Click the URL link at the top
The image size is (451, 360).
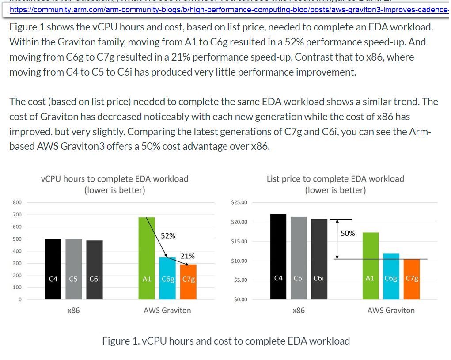click(x=225, y=9)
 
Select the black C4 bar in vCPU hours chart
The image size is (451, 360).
click(x=53, y=269)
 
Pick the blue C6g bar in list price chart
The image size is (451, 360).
click(x=390, y=276)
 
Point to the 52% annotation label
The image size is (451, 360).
click(x=168, y=235)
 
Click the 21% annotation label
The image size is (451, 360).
click(x=188, y=256)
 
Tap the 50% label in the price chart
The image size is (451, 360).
click(x=348, y=233)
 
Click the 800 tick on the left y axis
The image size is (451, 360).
click(x=17, y=202)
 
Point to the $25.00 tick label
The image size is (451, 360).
click(x=239, y=202)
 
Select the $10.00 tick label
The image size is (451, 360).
click(x=239, y=261)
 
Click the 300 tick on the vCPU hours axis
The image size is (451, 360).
click(x=17, y=263)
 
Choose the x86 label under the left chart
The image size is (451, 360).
click(x=74, y=310)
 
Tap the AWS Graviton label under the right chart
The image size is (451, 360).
click(x=391, y=310)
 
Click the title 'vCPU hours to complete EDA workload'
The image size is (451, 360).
click(x=114, y=179)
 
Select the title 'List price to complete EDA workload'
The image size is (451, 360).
click(x=335, y=179)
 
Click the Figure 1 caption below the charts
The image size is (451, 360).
click(x=226, y=341)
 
